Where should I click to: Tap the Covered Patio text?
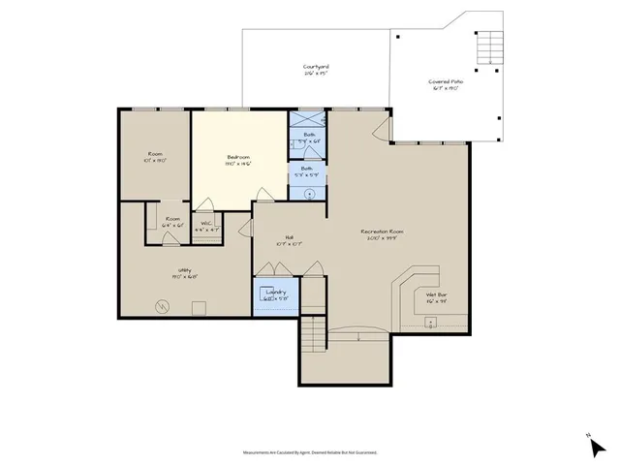tap(446, 82)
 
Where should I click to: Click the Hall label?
tap(289, 237)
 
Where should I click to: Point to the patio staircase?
tap(489, 43)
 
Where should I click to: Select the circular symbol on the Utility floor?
tap(163, 308)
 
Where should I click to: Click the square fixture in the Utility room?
tap(199, 308)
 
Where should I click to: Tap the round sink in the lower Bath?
tap(309, 194)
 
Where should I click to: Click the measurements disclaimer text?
tap(309, 451)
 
